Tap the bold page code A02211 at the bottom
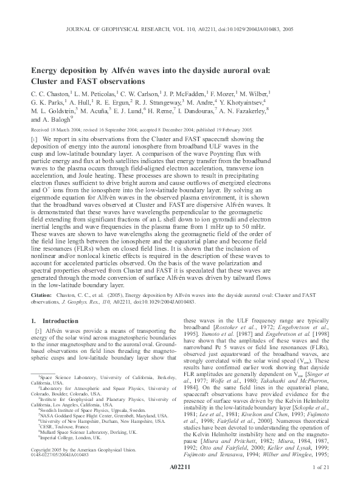[179, 482]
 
